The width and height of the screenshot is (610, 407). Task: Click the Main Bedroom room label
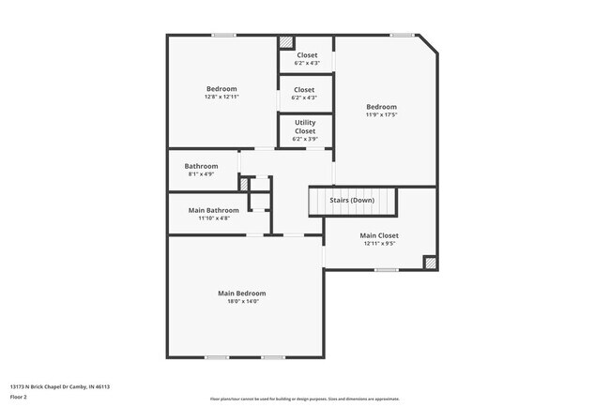(242, 294)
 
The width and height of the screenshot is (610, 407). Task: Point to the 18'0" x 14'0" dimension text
(242, 302)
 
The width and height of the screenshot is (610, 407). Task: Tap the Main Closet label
(379, 235)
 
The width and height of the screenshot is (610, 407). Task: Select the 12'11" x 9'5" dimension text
(379, 244)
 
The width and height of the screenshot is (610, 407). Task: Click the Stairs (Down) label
(352, 201)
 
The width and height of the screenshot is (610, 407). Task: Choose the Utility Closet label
(305, 127)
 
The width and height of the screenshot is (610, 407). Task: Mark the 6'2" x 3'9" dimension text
(305, 139)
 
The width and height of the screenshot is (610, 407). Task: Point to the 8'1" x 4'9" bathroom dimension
(201, 174)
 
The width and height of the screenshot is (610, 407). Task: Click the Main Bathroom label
(214, 210)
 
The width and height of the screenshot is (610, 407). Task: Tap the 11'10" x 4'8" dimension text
(214, 219)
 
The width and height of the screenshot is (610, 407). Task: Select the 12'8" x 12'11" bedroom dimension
(221, 97)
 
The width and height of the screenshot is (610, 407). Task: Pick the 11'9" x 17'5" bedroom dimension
(381, 115)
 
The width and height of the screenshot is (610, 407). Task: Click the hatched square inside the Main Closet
(430, 263)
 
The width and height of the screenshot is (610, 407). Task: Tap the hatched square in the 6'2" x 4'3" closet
(286, 42)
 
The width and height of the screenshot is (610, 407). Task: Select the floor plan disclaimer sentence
(304, 399)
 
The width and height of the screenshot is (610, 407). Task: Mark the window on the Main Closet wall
(386, 271)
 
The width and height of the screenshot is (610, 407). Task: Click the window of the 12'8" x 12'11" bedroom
(223, 36)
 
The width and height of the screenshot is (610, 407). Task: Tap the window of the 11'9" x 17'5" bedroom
(402, 36)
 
